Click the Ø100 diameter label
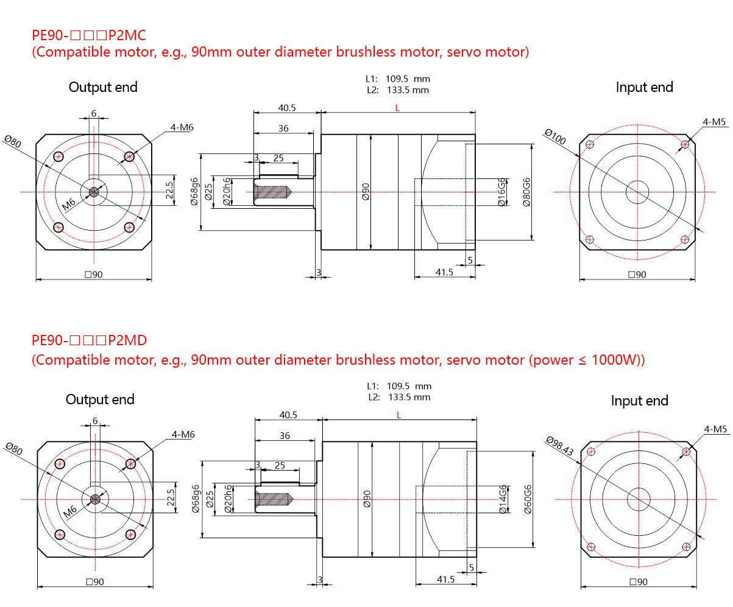(x=556, y=136)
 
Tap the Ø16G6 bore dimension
(x=502, y=192)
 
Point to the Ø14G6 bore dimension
(x=503, y=500)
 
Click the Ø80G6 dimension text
(x=526, y=192)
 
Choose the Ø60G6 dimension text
(x=528, y=500)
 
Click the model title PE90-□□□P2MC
(x=88, y=34)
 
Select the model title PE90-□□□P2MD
(x=89, y=340)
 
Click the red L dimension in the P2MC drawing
(x=397, y=108)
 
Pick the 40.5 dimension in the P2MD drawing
(x=288, y=415)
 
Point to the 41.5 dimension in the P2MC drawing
(x=445, y=272)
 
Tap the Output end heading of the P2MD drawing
(x=100, y=400)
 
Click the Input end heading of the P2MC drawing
(x=644, y=88)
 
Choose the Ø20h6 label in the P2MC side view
(x=227, y=192)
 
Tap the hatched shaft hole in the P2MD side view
(x=272, y=499)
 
